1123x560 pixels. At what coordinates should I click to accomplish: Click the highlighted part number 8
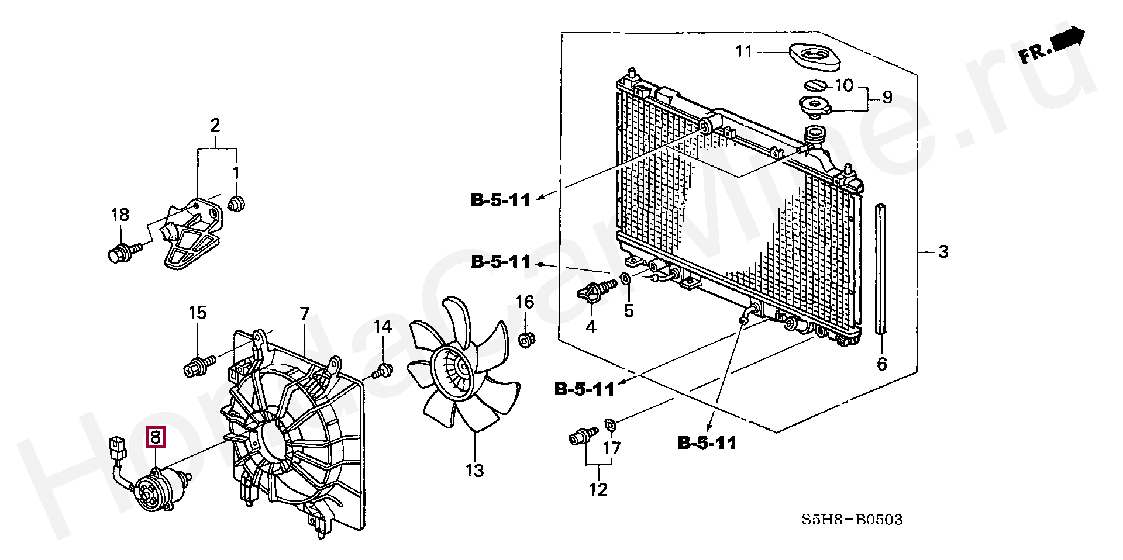(156, 437)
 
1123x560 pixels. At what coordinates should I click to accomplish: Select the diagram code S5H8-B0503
(852, 519)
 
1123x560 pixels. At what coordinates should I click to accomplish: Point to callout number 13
(475, 470)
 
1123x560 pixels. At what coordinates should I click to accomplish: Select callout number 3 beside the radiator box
(943, 252)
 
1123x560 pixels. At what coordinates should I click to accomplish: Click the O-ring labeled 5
(625, 278)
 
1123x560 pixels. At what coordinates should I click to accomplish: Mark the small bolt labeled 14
(382, 370)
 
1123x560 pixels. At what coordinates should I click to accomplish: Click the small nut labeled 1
(236, 204)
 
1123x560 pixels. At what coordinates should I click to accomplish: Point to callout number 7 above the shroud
(304, 314)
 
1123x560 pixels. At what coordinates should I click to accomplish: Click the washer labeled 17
(609, 424)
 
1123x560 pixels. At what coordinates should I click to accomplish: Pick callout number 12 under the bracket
(598, 489)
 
